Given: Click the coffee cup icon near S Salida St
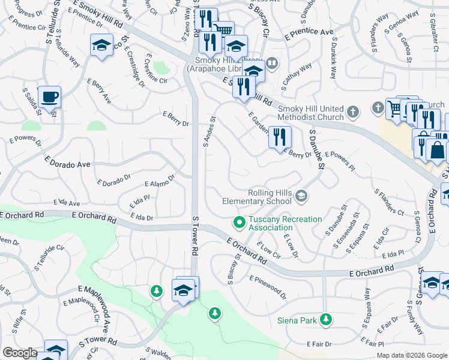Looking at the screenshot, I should pyautogui.click(x=49, y=97).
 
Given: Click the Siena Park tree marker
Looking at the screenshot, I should pyautogui.click(x=326, y=320).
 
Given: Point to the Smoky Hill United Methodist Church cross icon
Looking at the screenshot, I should pyautogui.click(x=353, y=112).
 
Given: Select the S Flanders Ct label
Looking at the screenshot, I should pyautogui.click(x=389, y=202).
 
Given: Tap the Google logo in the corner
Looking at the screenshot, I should pyautogui.click(x=20, y=353).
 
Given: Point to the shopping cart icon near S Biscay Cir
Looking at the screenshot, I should pyautogui.click(x=223, y=29).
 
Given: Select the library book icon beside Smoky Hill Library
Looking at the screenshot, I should pyautogui.click(x=272, y=62).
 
